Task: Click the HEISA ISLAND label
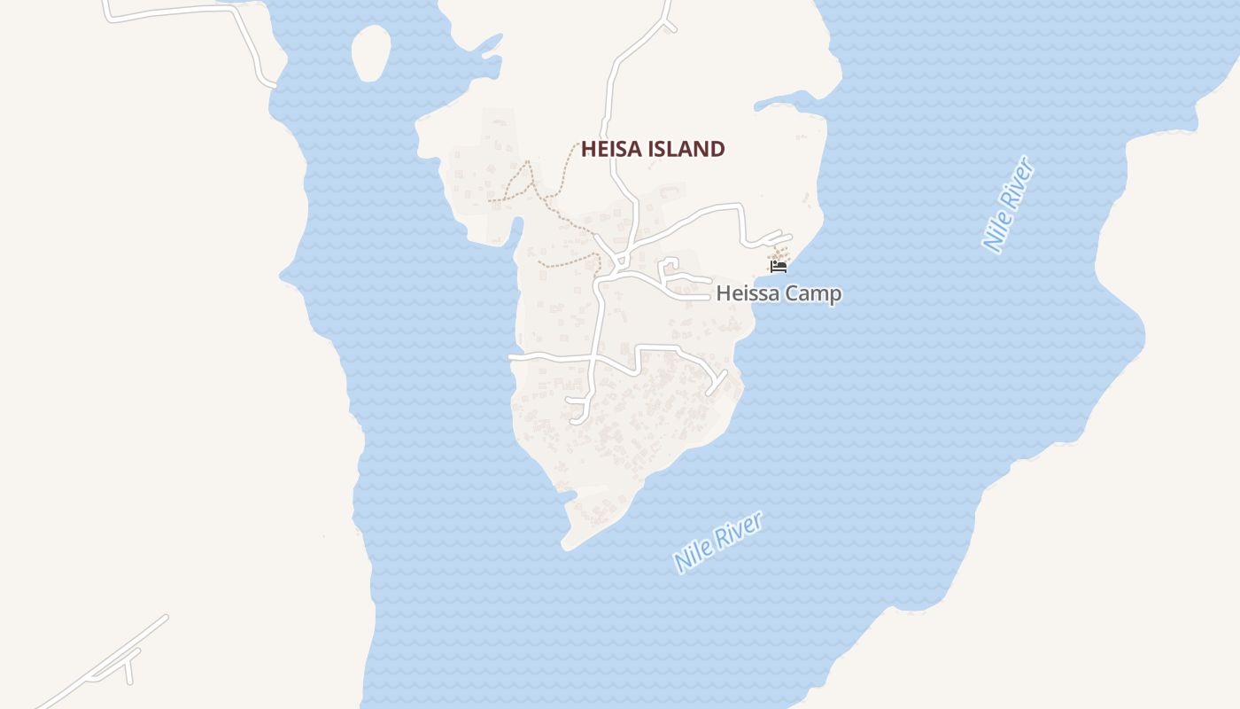pyautogui.click(x=653, y=149)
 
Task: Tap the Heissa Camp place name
pyautogui.click(x=779, y=293)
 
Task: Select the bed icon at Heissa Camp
pyautogui.click(x=779, y=265)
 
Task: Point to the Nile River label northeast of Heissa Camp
pyautogui.click(x=1009, y=204)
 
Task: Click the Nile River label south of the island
pyautogui.click(x=717, y=541)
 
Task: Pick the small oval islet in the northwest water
pyautogui.click(x=371, y=52)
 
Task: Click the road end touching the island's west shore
pyautogui.click(x=512, y=356)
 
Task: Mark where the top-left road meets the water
pyautogui.click(x=271, y=85)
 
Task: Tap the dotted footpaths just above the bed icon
pyautogui.click(x=779, y=253)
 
